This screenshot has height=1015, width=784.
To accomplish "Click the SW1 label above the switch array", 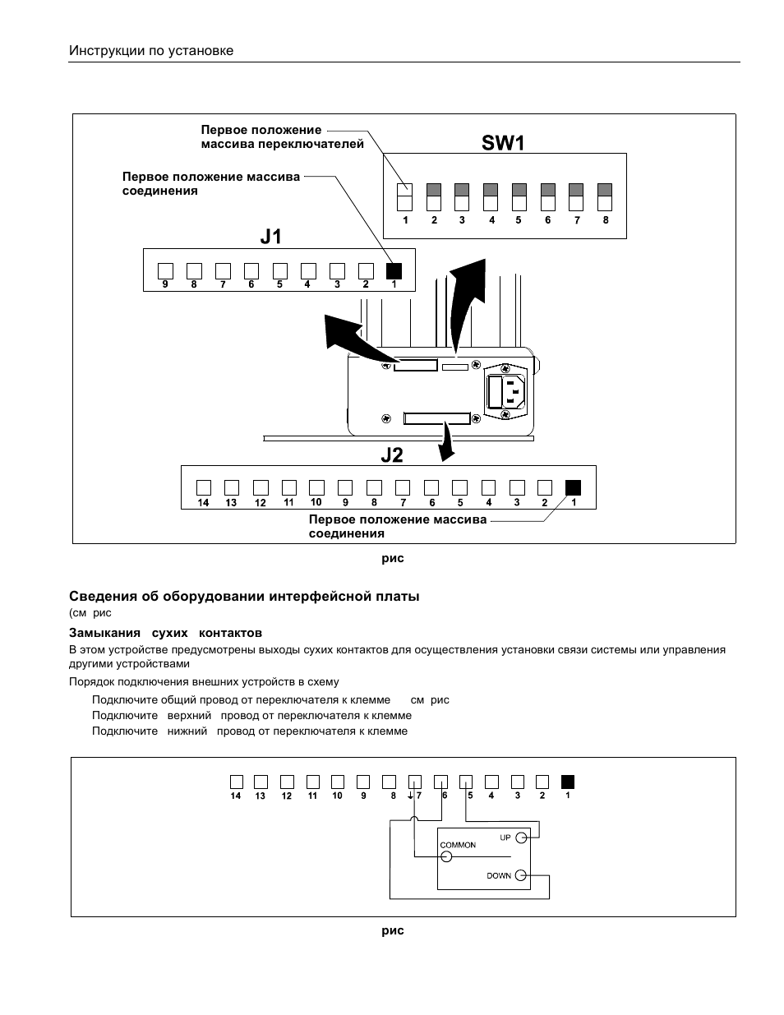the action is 503,142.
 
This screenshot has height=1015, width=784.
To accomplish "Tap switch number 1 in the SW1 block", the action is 404,197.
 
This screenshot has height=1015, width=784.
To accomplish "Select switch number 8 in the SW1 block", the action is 605,197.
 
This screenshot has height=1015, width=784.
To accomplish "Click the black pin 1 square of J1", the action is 394,271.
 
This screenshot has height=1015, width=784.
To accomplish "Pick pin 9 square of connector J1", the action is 165,271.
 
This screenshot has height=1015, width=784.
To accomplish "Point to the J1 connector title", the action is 271,237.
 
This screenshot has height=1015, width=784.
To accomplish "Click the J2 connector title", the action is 392,454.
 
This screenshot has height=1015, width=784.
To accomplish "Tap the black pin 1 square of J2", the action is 573,487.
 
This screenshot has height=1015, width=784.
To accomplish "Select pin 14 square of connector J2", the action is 204,487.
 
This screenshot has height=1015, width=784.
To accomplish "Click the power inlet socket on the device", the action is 506,391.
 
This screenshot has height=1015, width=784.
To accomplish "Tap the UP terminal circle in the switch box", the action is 521,837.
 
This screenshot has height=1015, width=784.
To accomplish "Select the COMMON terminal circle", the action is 446,856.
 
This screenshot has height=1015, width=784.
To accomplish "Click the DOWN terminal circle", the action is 521,875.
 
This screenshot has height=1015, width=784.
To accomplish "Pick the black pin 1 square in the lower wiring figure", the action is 567,782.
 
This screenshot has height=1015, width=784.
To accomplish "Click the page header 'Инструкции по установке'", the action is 151,50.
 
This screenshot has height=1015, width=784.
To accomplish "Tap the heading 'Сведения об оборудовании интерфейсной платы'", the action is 244,596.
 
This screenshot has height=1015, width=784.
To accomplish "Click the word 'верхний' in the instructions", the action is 189,715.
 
